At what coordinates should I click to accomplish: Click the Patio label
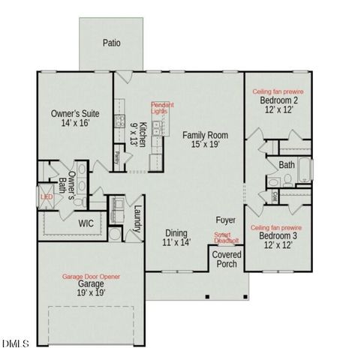111,43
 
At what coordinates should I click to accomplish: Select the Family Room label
205,135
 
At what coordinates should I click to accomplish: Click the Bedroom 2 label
279,100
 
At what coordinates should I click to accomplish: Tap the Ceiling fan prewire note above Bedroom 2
278,91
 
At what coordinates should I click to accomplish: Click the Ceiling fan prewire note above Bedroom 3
276,226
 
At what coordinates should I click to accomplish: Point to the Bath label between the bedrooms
287,165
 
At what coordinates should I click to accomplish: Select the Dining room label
177,232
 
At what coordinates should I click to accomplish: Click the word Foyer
225,220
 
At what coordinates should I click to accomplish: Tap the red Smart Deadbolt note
226,238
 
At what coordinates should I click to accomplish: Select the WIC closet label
86,223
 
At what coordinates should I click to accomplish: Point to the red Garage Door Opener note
90,277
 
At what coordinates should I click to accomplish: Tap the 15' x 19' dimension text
205,145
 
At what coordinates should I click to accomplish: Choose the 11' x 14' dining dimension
177,242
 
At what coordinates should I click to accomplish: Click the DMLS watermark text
14,343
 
